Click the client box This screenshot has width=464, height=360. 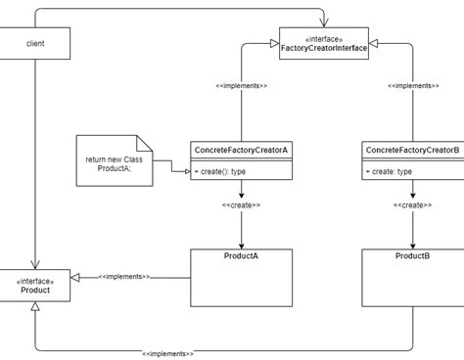point(35,44)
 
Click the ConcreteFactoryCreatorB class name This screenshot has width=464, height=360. point(411,150)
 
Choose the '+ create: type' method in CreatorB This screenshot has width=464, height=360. point(390,171)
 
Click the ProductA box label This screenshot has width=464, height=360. point(241,256)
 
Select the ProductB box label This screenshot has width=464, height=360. point(412,256)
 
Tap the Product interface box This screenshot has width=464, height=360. point(35,286)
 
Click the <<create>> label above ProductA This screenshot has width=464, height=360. point(241,205)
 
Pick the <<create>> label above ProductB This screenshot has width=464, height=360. point(412,205)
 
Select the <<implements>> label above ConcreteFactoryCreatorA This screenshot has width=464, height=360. point(241,86)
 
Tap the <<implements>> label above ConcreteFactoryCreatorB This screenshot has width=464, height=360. point(412,86)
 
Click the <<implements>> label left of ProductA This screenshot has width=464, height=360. point(123,277)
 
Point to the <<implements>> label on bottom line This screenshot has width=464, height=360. point(167,352)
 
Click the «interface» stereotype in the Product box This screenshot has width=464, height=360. point(35,281)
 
